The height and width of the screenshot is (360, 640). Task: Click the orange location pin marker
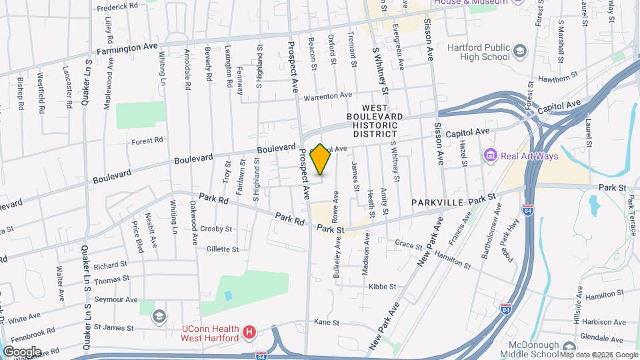pos(321,159)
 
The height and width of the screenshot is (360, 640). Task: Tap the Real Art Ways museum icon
pos(491,155)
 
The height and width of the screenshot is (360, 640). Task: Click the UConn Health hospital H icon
pos(249,331)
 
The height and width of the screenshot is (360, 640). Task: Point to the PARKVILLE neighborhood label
pos(437,202)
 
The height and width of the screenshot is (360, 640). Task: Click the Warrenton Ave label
pos(327,96)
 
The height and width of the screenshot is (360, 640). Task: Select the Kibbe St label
pos(382,287)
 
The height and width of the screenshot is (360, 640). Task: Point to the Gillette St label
pos(223,249)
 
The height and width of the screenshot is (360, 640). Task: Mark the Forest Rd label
pos(147,141)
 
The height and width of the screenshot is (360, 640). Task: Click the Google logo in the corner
pos(22,351)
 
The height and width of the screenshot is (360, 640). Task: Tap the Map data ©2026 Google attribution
pos(598,355)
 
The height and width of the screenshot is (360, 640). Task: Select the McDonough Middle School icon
pos(569,347)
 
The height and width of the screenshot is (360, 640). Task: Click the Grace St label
pos(405,244)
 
